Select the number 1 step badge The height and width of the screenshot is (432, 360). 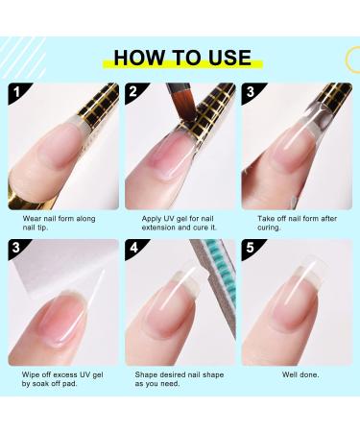pos(17,92)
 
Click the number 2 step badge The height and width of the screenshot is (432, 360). pos(133,92)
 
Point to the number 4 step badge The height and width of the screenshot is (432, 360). pos(133,248)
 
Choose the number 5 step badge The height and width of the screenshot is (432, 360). pos(251,248)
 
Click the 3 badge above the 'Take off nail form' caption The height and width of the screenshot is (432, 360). pos(251,92)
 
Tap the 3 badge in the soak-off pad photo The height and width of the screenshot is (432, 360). pos(16,248)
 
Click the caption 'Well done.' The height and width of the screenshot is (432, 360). pos(300,374)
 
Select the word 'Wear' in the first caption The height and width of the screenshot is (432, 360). pos(32,219)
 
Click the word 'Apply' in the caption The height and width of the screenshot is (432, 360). pos(152,219)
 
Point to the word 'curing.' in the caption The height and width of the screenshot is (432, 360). pos(269,228)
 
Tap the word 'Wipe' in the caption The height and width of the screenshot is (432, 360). pos(31,374)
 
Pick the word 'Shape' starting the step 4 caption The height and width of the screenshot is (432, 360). pos(146,374)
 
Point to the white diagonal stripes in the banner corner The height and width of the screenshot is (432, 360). pos(22,58)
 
